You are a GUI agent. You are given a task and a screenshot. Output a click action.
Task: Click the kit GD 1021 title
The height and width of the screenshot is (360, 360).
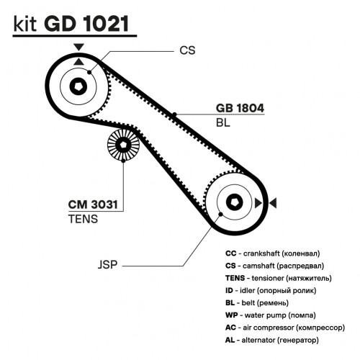pyautogui.click(x=71, y=24)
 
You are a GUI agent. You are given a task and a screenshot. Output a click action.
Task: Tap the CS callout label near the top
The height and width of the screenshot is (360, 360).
pyautogui.click(x=187, y=50)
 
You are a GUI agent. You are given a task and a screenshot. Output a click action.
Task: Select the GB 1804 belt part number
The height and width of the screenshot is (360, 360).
pyautogui.click(x=240, y=108)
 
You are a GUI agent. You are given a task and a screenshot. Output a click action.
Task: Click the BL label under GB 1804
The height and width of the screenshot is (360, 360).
pyautogui.click(x=223, y=122)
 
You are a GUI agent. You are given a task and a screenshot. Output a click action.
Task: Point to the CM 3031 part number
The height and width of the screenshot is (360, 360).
pyautogui.click(x=93, y=204)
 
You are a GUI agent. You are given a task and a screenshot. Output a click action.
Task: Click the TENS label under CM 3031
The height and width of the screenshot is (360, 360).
pyautogui.click(x=83, y=219)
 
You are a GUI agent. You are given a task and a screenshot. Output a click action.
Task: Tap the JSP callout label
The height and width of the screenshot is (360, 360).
pyautogui.click(x=107, y=264)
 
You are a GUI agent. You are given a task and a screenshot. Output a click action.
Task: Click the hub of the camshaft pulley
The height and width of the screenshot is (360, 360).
pyautogui.click(x=78, y=86)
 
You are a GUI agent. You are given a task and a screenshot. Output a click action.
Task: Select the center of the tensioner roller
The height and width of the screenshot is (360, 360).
pyautogui.click(x=123, y=145)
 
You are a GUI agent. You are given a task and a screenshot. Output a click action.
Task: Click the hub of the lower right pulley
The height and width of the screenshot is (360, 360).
pyautogui.click(x=235, y=202)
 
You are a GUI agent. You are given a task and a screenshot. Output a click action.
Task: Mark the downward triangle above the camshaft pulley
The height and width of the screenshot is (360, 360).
pyautogui.click(x=78, y=47)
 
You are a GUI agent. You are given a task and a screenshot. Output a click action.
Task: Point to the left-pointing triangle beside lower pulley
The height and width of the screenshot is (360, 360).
pyautogui.click(x=273, y=203)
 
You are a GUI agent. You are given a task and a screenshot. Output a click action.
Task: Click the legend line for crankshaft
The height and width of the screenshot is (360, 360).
pyautogui.click(x=273, y=253)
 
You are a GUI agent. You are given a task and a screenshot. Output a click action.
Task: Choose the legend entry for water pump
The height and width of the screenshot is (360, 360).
pyautogui.click(x=271, y=315)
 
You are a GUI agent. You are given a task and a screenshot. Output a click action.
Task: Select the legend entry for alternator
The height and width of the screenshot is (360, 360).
pyautogui.click(x=272, y=340)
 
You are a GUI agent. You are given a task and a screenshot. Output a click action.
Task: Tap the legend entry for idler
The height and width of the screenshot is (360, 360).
pyautogui.click(x=271, y=291)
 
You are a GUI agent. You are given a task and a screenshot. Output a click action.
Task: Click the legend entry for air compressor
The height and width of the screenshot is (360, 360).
pyautogui.click(x=285, y=328)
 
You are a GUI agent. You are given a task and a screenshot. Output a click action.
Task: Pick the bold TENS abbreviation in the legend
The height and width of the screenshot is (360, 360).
pyautogui.click(x=235, y=278)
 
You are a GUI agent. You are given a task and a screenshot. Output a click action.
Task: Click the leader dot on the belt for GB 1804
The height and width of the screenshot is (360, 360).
pyautogui.click(x=175, y=114)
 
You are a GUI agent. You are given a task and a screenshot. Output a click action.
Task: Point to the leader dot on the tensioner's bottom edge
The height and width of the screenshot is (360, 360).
pyautogui.click(x=123, y=161)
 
